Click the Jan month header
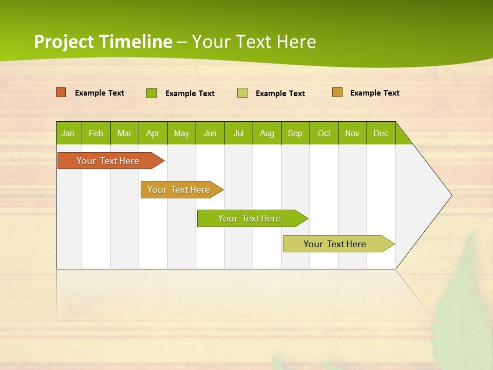point(68,133)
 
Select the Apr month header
point(153,133)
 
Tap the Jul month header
point(238,133)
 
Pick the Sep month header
point(295,133)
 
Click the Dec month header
point(381,133)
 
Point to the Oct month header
point(324,133)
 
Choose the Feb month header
point(96,133)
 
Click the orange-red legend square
point(61,92)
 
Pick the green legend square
point(151,93)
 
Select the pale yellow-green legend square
point(242,93)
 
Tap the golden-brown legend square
point(337,92)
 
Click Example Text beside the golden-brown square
point(374,93)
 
